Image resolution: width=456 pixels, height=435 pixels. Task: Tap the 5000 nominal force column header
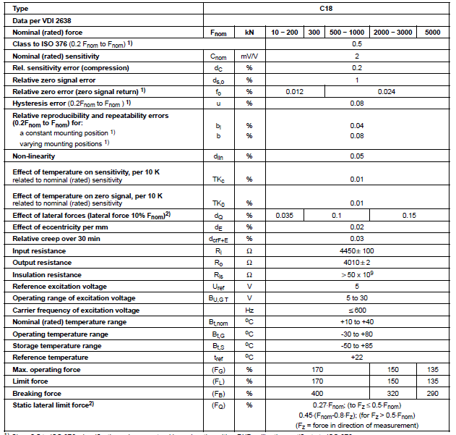(x=432, y=33)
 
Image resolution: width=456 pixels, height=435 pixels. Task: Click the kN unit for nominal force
(x=249, y=33)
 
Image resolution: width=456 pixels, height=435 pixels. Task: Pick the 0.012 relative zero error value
(x=294, y=92)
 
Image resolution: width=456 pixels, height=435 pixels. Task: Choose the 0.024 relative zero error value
(x=387, y=92)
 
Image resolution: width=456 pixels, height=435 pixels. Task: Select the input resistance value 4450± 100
(x=356, y=250)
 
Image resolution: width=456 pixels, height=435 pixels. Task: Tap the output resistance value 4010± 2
(x=356, y=262)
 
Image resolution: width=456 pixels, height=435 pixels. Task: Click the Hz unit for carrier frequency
(x=249, y=310)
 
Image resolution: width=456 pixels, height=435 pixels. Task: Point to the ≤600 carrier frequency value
(x=356, y=310)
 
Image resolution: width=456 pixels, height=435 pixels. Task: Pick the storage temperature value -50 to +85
(x=356, y=345)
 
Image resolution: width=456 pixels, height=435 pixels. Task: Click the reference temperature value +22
(x=356, y=357)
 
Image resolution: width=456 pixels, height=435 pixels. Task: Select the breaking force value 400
(x=317, y=393)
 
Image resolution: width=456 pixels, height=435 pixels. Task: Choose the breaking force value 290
(x=432, y=393)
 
